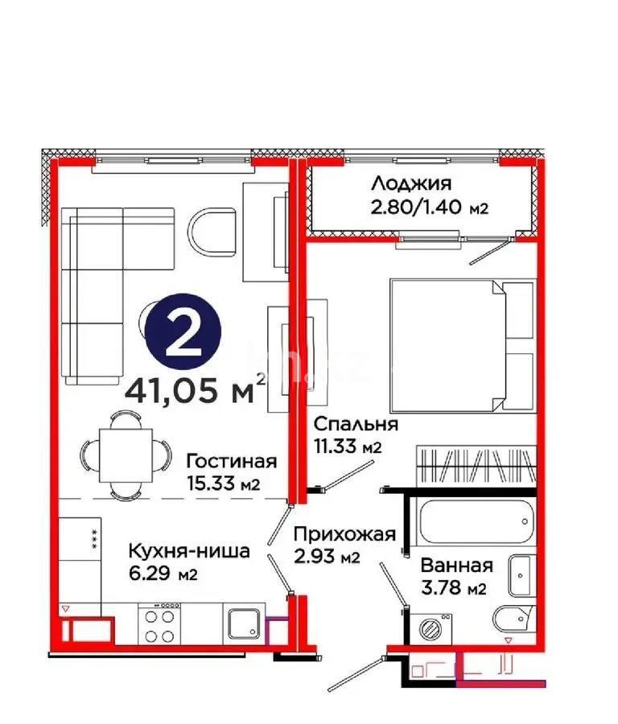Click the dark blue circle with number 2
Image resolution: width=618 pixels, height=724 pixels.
(x=186, y=337)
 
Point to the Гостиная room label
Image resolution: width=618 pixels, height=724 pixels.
(x=232, y=462)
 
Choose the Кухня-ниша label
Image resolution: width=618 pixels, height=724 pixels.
(x=189, y=552)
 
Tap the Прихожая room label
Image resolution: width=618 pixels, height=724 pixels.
(x=344, y=535)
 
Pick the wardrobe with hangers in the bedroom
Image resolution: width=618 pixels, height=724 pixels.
(x=474, y=467)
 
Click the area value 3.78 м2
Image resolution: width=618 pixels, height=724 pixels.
(x=455, y=589)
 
